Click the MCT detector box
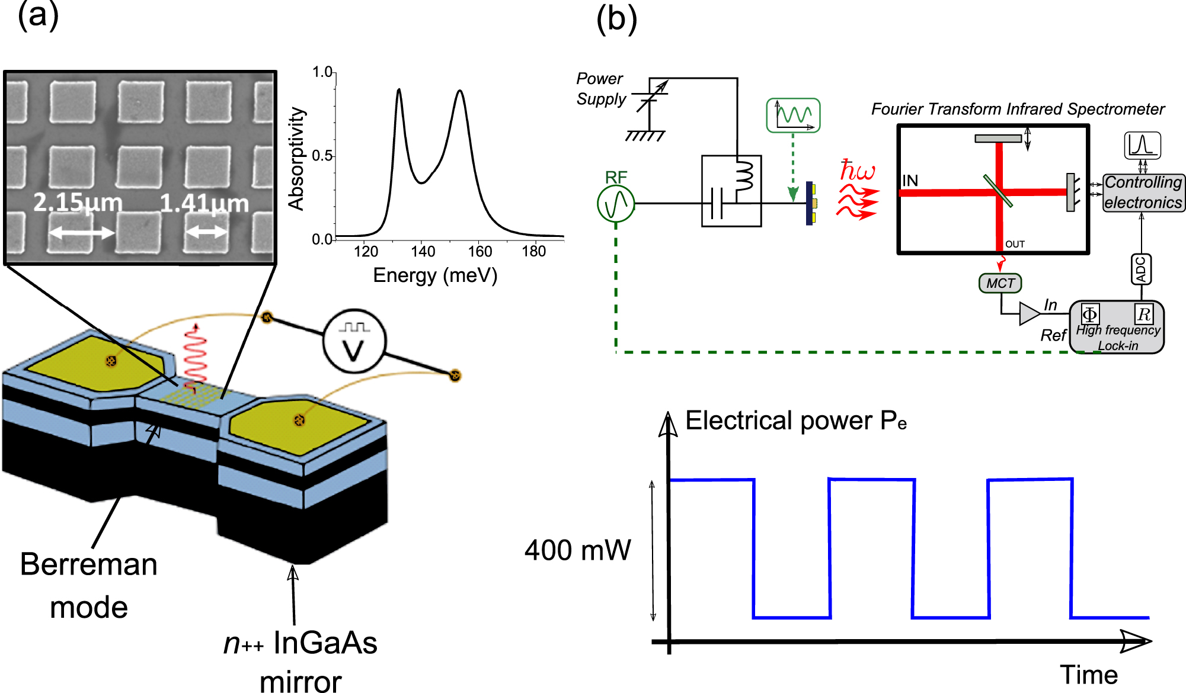(1000, 283)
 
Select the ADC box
(1141, 269)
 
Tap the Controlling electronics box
(1143, 192)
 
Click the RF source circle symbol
(616, 204)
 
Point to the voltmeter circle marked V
(354, 341)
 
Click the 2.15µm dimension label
(78, 203)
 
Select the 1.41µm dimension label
(204, 203)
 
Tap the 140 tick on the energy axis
(423, 251)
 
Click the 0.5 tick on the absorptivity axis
(322, 156)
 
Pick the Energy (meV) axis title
(435, 275)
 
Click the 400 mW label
(578, 550)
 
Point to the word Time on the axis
(1089, 675)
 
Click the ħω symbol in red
(857, 171)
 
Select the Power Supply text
(600, 89)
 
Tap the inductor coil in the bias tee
(744, 176)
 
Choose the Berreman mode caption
(89, 585)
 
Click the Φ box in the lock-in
(1089, 314)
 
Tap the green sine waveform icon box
(793, 115)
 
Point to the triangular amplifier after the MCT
(1029, 313)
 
